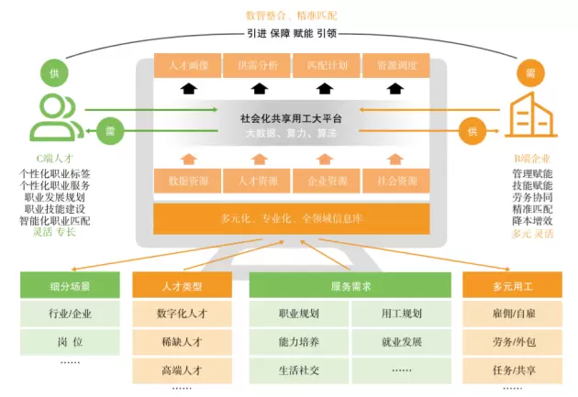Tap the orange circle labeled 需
pyautogui.click(x=529, y=72)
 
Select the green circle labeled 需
pyautogui.click(x=108, y=131)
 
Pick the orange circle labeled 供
pyautogui.click(x=472, y=131)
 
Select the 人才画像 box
pyautogui.click(x=188, y=66)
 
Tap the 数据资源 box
pyautogui.click(x=188, y=181)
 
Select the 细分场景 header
pyautogui.click(x=70, y=286)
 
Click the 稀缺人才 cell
pyautogui.click(x=181, y=343)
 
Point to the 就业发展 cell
pyautogui.click(x=401, y=342)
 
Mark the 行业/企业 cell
pyautogui.click(x=70, y=314)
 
